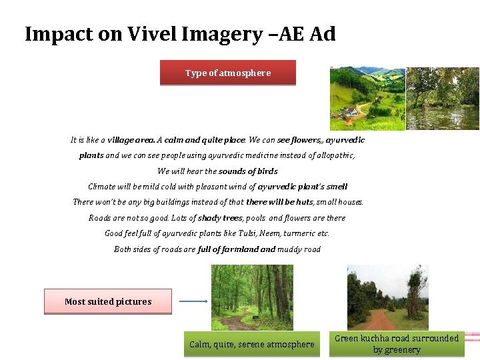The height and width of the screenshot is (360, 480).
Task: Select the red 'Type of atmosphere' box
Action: point(227,73)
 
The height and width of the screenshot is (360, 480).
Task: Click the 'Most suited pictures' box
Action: point(108,301)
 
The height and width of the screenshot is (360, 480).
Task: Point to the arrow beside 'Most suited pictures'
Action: point(193,301)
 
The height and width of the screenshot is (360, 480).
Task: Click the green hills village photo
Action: point(367,98)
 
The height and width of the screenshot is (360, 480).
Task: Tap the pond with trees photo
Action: point(443,98)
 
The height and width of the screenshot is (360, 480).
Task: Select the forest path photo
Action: point(251,297)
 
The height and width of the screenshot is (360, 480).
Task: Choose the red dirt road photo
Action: point(388,297)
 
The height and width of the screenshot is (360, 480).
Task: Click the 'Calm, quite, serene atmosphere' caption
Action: point(251,344)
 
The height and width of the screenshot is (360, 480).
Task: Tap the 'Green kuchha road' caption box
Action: point(397,343)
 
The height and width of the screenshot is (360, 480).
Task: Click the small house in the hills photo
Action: point(348,112)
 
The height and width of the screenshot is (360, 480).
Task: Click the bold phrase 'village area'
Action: point(131,140)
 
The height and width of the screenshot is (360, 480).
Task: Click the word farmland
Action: point(238,249)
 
